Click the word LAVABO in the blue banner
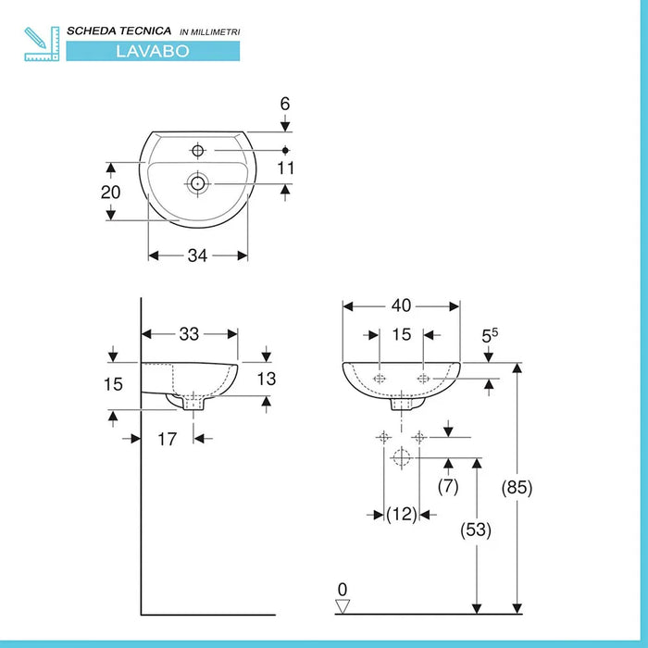[x=154, y=51]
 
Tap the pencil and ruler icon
[x=42, y=44]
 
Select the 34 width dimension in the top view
[x=197, y=255]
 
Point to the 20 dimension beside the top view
[x=112, y=192]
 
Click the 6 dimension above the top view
[x=286, y=104]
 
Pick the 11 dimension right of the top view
[x=286, y=168]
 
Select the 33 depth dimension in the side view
[x=190, y=332]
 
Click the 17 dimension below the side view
[x=166, y=440]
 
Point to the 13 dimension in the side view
[x=266, y=378]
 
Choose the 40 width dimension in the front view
[x=402, y=305]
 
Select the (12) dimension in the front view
[x=401, y=514]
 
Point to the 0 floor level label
[x=343, y=589]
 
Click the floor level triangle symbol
[x=343, y=605]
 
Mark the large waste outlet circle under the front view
[x=401, y=457]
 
